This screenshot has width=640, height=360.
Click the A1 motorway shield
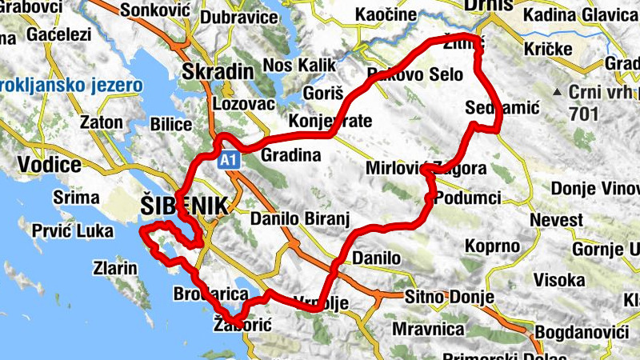pos(230,161)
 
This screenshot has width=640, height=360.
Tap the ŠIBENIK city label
pos(183,205)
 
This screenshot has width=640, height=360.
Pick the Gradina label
pos(290,155)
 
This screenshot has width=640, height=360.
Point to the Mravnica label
pos(429,329)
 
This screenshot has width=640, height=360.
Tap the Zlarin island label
pos(115,268)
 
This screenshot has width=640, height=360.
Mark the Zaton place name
pos(102,122)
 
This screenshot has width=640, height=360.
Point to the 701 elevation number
pos(585,114)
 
